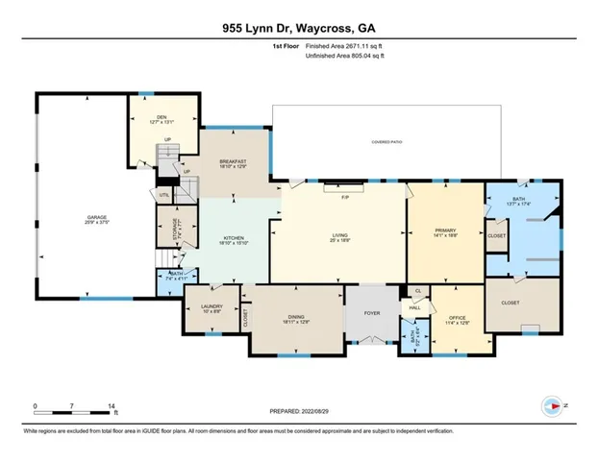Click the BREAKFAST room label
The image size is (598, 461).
click(233, 160)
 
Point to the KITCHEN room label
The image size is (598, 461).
click(235, 238)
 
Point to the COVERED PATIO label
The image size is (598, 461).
click(391, 142)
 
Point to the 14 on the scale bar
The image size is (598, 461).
click(112, 406)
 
